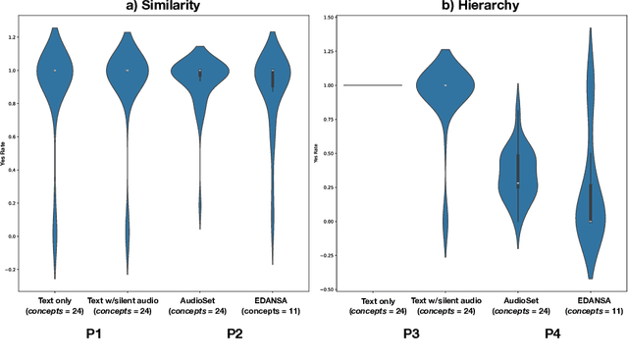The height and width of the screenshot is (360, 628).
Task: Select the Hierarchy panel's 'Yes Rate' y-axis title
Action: pyautogui.click(x=315, y=154)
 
